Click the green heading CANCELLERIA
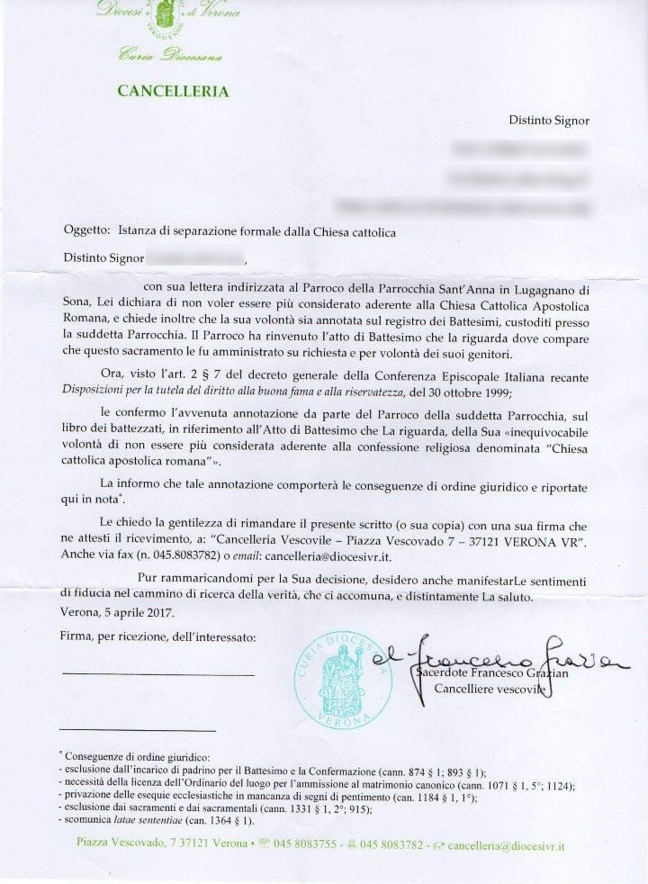click(173, 91)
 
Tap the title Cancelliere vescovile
click(490, 690)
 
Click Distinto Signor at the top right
click(549, 120)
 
